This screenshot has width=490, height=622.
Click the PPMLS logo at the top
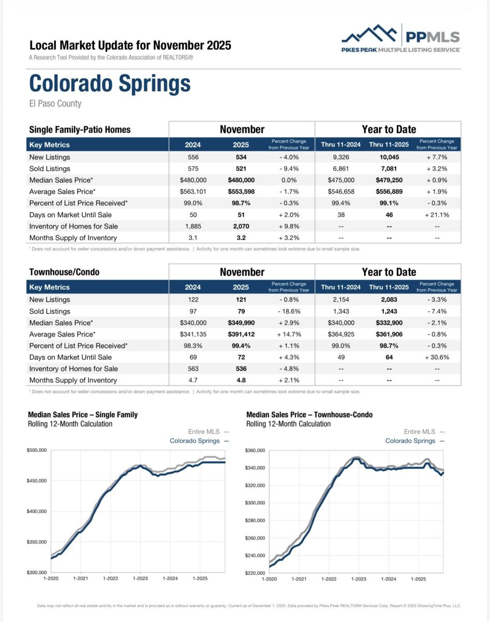coord(400,38)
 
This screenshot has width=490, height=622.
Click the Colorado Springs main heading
coord(110,83)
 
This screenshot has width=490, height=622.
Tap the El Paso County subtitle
coord(55,104)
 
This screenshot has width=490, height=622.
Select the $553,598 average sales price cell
coord(241,192)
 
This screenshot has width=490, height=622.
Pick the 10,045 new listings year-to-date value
coord(388,157)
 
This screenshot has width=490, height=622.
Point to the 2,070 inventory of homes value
coord(241,226)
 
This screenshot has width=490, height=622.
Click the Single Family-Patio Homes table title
coord(80,130)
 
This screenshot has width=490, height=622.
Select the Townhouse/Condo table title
coord(64,272)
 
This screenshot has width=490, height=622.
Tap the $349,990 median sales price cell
coord(241,323)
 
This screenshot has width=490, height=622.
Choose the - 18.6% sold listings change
coord(289,312)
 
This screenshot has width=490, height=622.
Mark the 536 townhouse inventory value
coord(241,369)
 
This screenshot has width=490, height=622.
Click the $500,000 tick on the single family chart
coord(37,450)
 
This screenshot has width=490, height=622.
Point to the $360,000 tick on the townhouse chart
coord(255,450)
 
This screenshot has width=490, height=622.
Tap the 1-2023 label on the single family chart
coord(140,578)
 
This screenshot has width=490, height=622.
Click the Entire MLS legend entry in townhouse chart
coord(424,431)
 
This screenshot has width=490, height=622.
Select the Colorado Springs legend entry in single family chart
coord(199,441)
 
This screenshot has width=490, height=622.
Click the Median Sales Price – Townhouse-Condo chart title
coord(309,415)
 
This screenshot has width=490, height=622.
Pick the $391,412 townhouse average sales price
coord(241,334)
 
